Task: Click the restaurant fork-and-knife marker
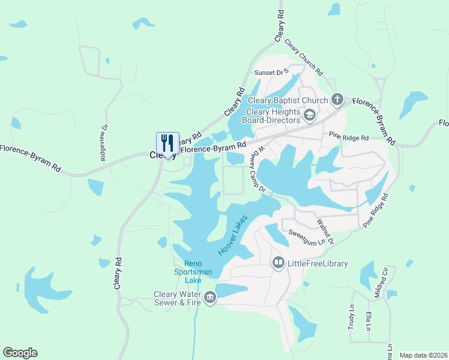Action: click(x=167, y=143)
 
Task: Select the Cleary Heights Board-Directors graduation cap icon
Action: click(x=310, y=115)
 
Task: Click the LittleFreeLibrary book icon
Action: click(x=278, y=263)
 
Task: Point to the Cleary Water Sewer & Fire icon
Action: click(x=209, y=298)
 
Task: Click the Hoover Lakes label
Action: click(x=233, y=236)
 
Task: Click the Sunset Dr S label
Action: click(x=272, y=73)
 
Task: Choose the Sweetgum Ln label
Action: click(x=310, y=236)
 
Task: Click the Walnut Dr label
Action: click(x=325, y=229)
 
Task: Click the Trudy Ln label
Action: click(x=352, y=316)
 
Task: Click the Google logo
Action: click(x=20, y=353)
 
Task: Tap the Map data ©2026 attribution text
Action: click(x=423, y=355)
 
